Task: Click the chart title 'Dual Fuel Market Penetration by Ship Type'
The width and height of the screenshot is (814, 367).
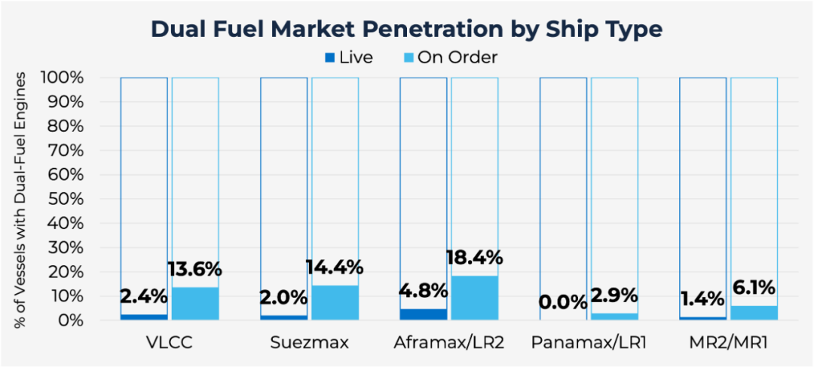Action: point(407,29)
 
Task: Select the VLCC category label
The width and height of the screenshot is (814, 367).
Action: point(169,344)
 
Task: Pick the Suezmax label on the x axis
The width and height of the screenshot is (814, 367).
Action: point(309,344)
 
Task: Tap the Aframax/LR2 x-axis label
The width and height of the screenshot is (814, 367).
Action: point(448,344)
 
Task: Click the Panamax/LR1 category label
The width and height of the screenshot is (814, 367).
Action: point(588,344)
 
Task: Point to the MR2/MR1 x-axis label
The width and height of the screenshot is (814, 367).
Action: point(728,344)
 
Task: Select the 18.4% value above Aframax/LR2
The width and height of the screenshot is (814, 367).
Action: point(474,258)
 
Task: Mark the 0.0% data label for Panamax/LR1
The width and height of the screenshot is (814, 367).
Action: point(562,303)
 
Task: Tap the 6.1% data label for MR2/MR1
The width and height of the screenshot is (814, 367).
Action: point(754,288)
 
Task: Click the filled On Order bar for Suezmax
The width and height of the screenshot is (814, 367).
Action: point(335,302)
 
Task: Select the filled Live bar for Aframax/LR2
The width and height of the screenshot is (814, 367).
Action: point(423,314)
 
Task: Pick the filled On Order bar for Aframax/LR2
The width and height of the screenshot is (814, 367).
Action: point(474,298)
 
